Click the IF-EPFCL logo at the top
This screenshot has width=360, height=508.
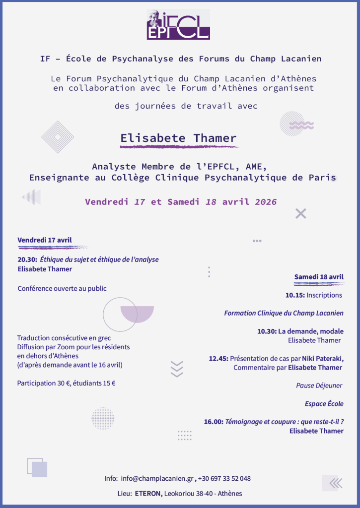(178, 24)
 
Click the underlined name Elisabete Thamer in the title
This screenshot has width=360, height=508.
(179, 138)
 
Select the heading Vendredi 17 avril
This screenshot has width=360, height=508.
(45, 240)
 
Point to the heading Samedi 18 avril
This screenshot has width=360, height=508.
(319, 277)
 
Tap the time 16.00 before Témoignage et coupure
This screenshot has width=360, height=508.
(213, 422)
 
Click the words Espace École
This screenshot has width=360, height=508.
(324, 404)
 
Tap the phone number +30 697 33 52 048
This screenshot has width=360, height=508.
(224, 479)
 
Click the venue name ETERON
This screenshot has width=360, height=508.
(148, 494)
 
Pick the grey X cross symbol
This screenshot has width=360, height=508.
(300, 214)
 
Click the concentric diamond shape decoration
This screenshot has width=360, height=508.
(58, 136)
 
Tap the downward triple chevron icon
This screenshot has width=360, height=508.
(177, 369)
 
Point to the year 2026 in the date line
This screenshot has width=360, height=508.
(266, 202)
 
